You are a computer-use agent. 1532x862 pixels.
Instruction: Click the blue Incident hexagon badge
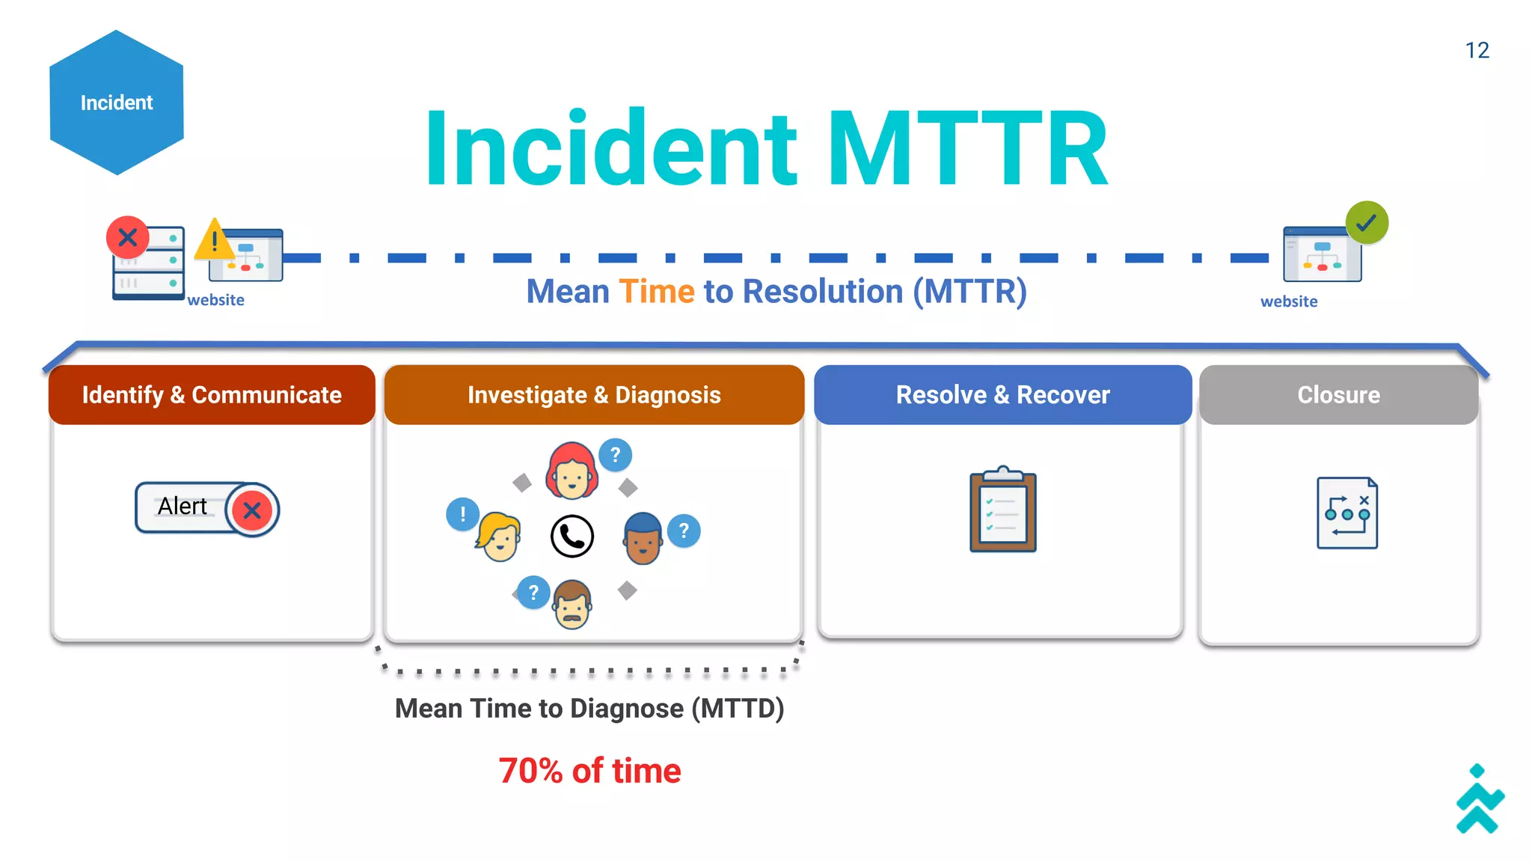point(117,103)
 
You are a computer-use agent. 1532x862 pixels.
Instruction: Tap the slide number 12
point(1477,50)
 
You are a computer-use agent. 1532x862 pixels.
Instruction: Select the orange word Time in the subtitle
point(657,292)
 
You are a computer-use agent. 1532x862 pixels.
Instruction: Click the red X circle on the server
point(128,238)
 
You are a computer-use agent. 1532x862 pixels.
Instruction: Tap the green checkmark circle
point(1367,222)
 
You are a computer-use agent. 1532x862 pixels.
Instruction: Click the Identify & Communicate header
point(212,394)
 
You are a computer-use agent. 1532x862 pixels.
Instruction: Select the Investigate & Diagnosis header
point(594,394)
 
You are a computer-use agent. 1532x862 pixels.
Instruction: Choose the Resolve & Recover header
point(1002,394)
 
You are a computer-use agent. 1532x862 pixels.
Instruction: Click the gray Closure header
point(1338,394)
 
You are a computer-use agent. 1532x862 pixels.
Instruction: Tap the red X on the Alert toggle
point(252,510)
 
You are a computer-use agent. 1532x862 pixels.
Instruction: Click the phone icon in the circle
point(572,536)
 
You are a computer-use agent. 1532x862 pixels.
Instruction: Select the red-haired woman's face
point(572,472)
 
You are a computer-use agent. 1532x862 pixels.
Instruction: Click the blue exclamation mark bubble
point(462,514)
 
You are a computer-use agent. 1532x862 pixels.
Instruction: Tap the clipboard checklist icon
point(1002,512)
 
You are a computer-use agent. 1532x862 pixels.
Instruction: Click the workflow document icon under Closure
point(1346,513)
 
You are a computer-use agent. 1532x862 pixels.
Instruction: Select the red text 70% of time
point(589,771)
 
